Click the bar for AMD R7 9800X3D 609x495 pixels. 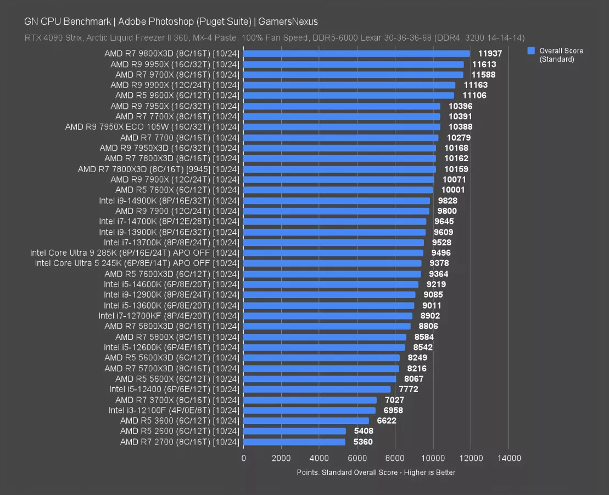coord(356,53)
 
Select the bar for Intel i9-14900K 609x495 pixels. coord(337,201)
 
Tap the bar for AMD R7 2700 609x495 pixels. coord(294,442)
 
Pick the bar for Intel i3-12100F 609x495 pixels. coord(309,410)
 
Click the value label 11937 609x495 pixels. coord(490,53)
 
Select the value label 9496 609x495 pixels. coord(441,253)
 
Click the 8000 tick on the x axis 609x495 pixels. coord(395,458)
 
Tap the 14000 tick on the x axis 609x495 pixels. coord(509,458)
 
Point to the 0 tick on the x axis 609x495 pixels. coord(244,458)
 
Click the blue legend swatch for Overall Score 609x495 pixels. coord(531,51)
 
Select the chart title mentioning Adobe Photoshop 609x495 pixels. coord(171,21)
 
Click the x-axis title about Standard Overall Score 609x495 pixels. coord(376,472)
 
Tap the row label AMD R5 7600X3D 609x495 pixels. coord(172,274)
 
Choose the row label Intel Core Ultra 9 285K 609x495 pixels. coord(135,253)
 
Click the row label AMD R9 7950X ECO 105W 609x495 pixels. coord(152,127)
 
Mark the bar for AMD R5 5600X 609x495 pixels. coord(320,379)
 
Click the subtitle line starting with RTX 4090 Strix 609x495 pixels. coord(275,38)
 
